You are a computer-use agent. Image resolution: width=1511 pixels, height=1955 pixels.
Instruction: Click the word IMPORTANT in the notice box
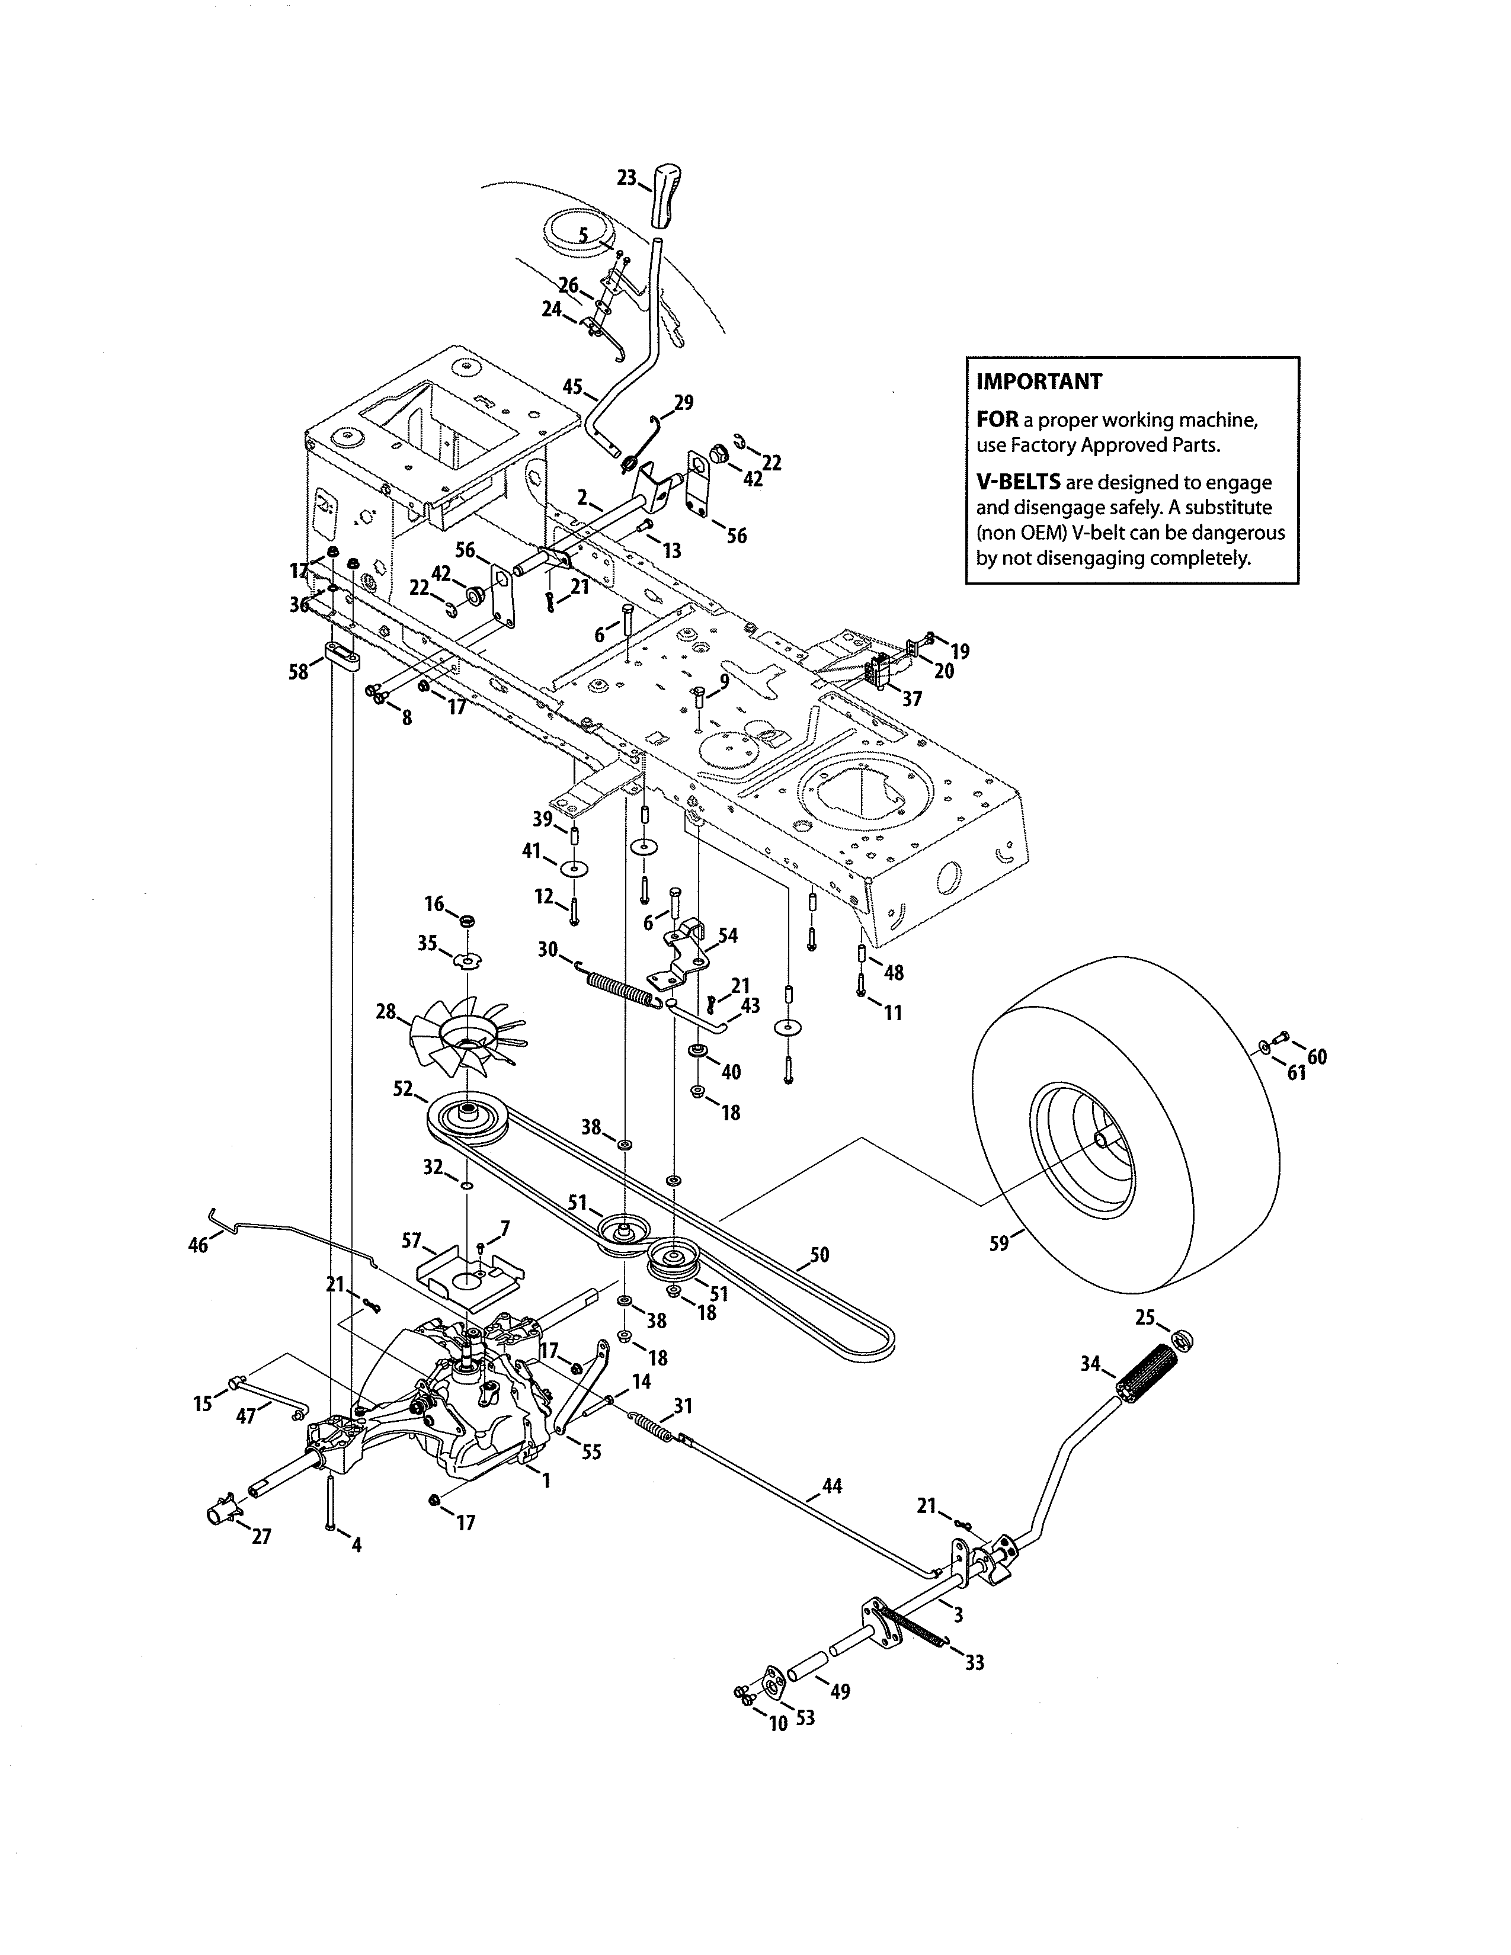tap(1038, 382)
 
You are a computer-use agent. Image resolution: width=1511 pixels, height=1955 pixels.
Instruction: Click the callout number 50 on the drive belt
tap(819, 1255)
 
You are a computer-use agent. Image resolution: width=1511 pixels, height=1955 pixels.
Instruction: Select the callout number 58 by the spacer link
tap(298, 671)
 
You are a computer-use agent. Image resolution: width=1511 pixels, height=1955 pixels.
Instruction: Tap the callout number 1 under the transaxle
tap(546, 1482)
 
